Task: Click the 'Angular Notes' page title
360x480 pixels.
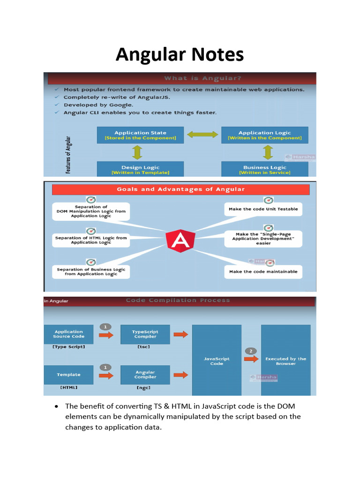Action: [180, 55]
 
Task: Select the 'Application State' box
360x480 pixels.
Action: [140, 135]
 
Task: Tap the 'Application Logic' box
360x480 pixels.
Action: [264, 135]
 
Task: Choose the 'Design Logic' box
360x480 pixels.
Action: [140, 169]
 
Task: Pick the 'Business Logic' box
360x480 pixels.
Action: [264, 169]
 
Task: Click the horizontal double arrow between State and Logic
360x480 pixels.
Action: [202, 135]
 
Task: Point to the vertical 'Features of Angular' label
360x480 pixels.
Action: [68, 155]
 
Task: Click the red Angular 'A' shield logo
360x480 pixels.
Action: [180, 240]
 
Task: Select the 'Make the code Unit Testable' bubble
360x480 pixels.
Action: [263, 209]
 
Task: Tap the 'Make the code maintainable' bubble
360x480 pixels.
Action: [263, 271]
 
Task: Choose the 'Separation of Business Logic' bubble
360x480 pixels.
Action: [91, 271]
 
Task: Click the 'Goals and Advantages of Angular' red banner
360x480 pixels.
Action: [180, 189]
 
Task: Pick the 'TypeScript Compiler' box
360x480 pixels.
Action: [145, 334]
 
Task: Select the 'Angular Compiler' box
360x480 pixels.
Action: [145, 375]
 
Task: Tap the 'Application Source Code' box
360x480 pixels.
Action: [68, 334]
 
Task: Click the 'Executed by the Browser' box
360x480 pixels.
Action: [285, 360]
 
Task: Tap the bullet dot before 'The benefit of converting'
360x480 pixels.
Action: [56, 406]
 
